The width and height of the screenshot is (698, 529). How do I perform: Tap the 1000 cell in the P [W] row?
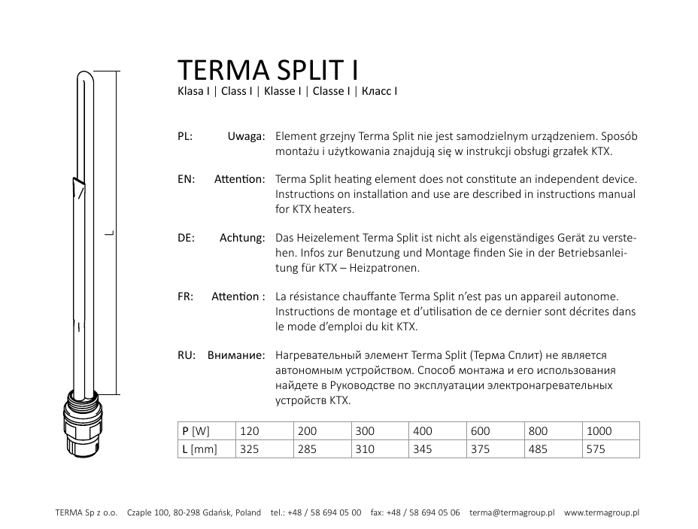tap(599, 431)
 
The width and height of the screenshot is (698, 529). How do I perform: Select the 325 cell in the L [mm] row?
tap(248, 449)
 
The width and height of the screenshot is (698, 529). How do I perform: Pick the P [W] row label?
tap(196, 431)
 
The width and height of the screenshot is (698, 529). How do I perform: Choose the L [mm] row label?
tap(199, 449)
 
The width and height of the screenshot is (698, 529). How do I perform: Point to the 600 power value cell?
tap(480, 431)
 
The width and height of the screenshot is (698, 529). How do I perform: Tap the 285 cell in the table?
tap(307, 449)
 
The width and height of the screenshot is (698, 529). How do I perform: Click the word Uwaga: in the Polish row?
tap(246, 137)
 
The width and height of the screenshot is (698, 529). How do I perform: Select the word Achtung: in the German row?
tap(242, 238)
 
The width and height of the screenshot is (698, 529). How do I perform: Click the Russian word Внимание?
tap(236, 354)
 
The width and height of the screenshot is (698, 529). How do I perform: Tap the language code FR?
tap(186, 296)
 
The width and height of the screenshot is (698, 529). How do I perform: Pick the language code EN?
tap(186, 180)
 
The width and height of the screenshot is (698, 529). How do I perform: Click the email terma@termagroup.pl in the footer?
tap(511, 512)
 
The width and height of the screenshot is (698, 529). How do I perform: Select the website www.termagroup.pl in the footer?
tap(602, 512)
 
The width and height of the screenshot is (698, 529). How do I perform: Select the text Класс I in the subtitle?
tap(379, 92)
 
